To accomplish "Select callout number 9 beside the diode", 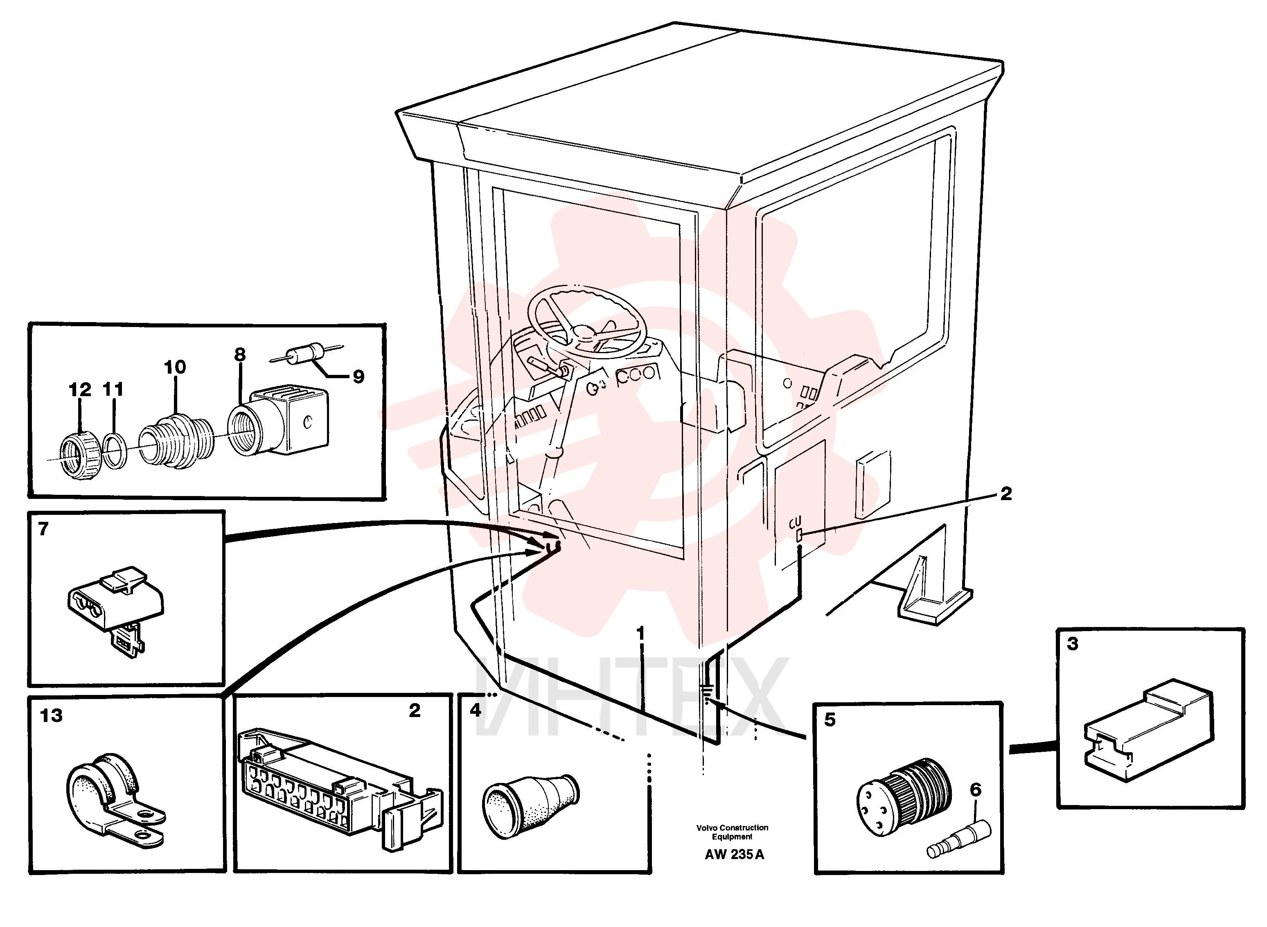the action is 358,376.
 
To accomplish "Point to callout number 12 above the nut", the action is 80,390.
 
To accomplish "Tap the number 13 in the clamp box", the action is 51,715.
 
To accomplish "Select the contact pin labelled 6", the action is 958,839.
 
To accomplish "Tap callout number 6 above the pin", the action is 976,789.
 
